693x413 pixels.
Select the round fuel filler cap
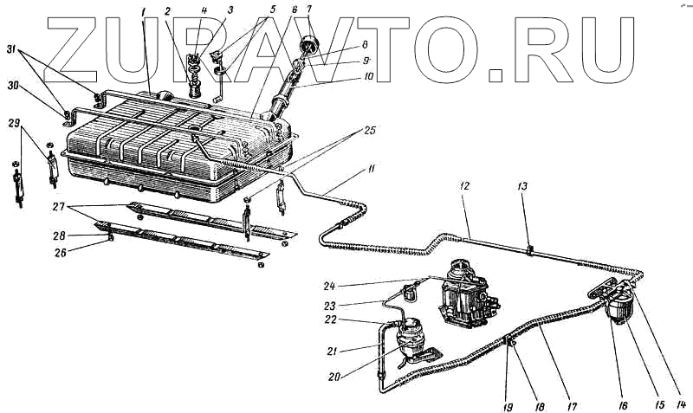point(309,44)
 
